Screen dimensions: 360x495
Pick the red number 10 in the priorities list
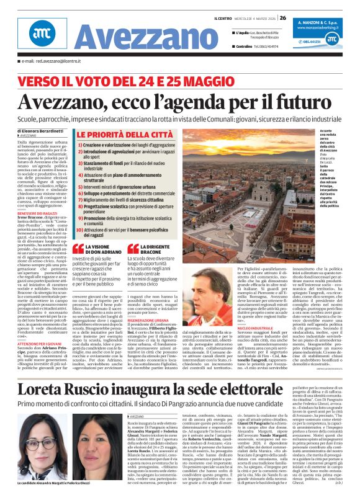tap(78, 230)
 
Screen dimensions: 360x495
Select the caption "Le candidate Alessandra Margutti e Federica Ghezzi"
tap(54, 482)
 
